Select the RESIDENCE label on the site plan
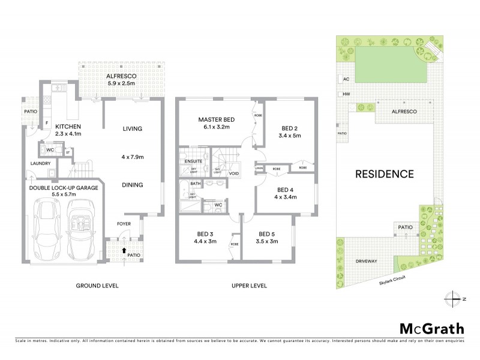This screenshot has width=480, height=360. coord(385,175)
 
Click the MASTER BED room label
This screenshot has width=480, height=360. coord(217,120)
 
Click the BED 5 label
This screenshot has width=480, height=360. coord(268,234)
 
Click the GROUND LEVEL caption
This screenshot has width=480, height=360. coord(98,286)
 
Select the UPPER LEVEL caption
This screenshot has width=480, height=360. coord(249,286)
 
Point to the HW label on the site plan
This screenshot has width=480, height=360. coord(346,94)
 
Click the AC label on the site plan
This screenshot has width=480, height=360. coord(346,79)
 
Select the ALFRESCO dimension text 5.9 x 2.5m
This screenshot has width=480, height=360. coord(122,85)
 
